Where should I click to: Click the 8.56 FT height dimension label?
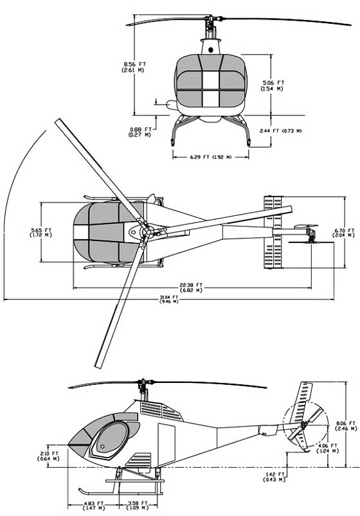(133, 67)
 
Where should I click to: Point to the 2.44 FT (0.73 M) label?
(280, 131)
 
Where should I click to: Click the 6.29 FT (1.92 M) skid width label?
(210, 157)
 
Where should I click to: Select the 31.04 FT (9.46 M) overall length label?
(170, 299)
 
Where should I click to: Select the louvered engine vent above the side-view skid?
(136, 461)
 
